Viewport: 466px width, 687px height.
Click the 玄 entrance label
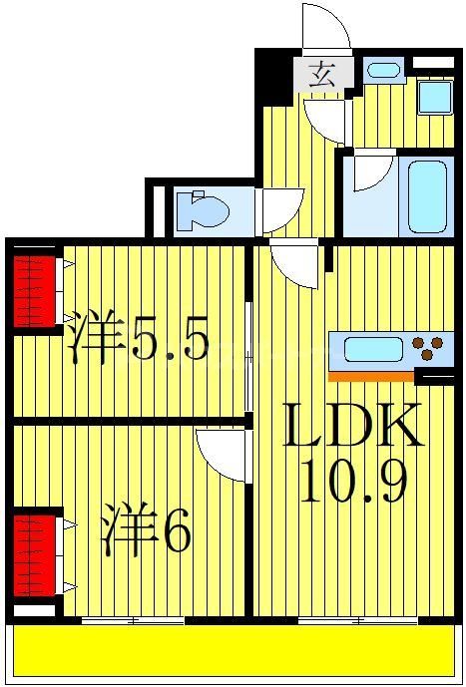pos(321,74)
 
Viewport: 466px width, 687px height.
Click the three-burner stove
pos(430,349)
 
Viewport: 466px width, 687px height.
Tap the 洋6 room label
pos(146,532)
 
